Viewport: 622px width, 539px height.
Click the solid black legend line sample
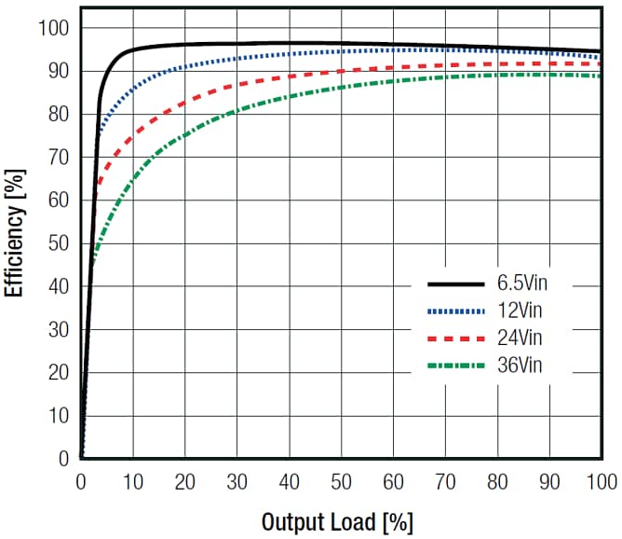455,283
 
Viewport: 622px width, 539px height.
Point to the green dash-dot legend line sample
455,366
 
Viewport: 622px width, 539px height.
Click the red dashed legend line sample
455,338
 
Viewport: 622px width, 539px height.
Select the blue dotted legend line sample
455,311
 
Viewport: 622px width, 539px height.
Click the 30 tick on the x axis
237,481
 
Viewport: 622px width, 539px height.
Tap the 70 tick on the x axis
444,481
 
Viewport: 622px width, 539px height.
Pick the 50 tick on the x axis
341,481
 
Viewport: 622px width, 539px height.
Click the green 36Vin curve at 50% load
341,87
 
